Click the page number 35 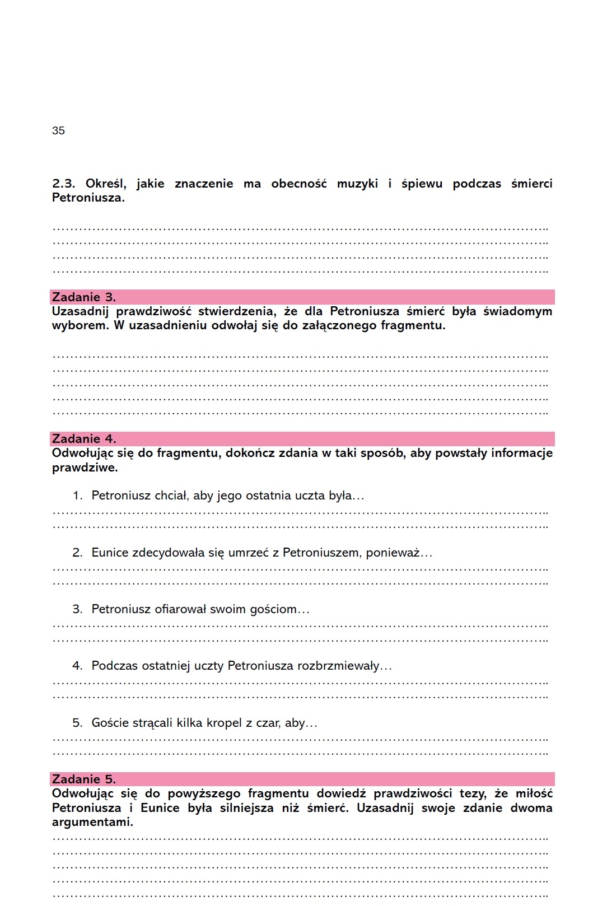pyautogui.click(x=58, y=130)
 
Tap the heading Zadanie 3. pyautogui.click(x=84, y=297)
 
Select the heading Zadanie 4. pyautogui.click(x=84, y=438)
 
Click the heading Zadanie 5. pyautogui.click(x=84, y=779)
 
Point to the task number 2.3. pyautogui.click(x=63, y=184)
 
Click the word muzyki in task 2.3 pyautogui.click(x=357, y=184)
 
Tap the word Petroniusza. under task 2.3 pyautogui.click(x=88, y=198)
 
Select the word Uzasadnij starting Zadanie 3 pyautogui.click(x=80, y=311)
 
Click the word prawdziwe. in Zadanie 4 pyautogui.click(x=85, y=468)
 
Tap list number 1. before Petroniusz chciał pyautogui.click(x=77, y=496)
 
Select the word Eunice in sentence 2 pyautogui.click(x=110, y=553)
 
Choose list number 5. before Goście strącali pyautogui.click(x=77, y=723)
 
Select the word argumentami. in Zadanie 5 pyautogui.click(x=92, y=822)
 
